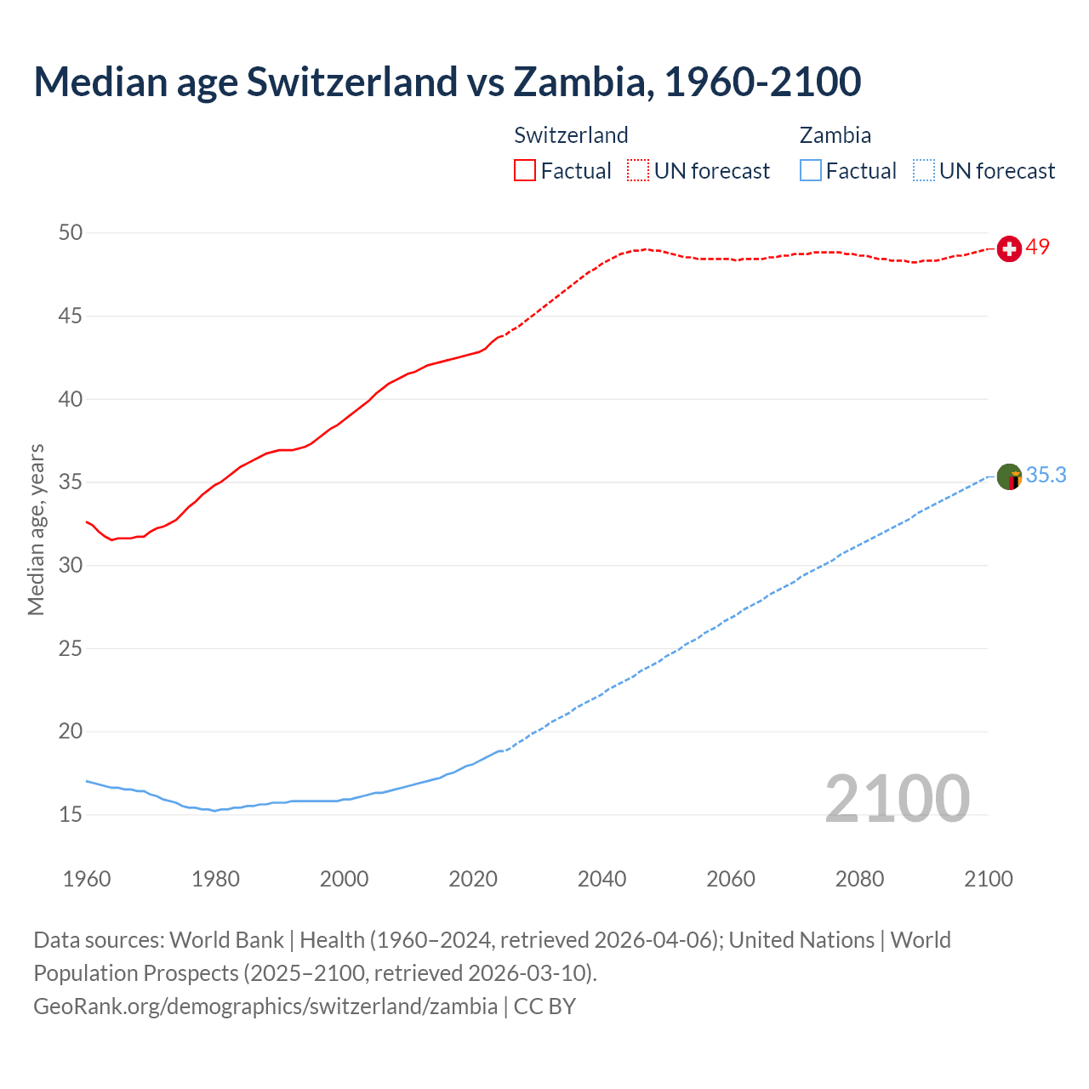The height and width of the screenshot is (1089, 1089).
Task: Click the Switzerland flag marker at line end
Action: pos(1009,248)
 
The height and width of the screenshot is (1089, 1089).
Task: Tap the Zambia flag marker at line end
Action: pos(1009,476)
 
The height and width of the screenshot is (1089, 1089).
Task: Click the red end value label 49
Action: pos(1038,247)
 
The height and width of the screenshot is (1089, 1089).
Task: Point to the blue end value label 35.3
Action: pos(1046,475)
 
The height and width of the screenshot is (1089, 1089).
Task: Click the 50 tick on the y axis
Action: pos(71,232)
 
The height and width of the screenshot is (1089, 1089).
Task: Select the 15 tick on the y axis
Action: pos(71,814)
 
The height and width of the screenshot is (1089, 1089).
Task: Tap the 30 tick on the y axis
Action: pos(71,565)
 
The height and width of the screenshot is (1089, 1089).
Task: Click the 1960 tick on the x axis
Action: pos(87,879)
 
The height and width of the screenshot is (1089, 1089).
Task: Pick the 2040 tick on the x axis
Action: pos(602,879)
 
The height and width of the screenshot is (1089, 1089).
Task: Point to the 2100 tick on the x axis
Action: pos(989,879)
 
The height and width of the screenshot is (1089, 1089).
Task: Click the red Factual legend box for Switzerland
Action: pos(525,170)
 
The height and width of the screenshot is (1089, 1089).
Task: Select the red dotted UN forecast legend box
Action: pos(638,170)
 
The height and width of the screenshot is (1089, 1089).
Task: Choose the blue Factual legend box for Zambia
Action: pos(811,170)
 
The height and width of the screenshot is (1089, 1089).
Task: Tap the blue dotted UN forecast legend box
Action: pos(924,170)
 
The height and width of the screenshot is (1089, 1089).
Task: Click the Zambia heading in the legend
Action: pos(835,135)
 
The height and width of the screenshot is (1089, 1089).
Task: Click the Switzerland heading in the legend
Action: pos(571,135)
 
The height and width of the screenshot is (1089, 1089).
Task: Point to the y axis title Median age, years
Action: pos(36,529)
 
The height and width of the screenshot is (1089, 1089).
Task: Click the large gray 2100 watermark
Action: pos(898,798)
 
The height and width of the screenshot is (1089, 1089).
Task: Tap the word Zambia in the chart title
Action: pos(582,82)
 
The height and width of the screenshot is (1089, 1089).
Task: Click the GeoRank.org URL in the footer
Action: pos(265,1006)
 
